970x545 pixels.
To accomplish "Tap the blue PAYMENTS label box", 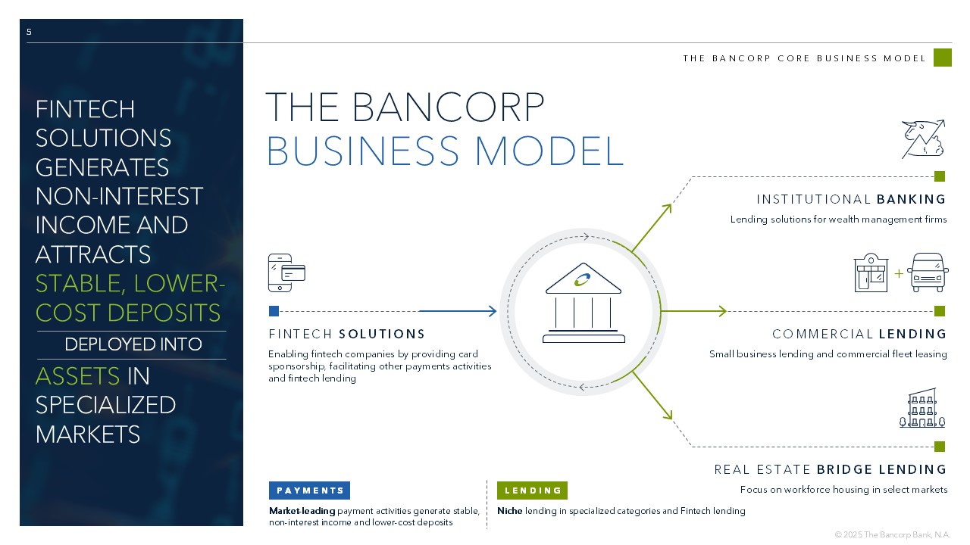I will coord(309,490).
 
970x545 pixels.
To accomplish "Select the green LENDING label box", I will coord(532,490).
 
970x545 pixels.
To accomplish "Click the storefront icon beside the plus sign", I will coord(871,272).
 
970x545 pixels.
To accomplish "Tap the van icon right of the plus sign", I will coord(928,272).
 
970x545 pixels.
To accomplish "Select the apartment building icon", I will coord(922,409).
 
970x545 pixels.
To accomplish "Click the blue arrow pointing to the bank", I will coord(458,311).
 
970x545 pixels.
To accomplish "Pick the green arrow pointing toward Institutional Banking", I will coord(652,227).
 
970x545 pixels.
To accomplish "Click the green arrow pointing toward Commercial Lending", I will coord(693,311).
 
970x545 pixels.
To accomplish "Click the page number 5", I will coord(29,32).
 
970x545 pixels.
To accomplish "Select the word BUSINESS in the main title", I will coord(365,151).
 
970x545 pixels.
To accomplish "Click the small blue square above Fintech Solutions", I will coord(274,311).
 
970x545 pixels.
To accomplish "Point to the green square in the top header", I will coord(942,58).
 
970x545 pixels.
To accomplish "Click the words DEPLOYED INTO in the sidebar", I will coord(133,344).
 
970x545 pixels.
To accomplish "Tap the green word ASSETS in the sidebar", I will coord(78,376).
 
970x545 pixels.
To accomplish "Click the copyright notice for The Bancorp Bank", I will coord(892,534).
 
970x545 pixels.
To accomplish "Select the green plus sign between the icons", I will coord(899,273).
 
